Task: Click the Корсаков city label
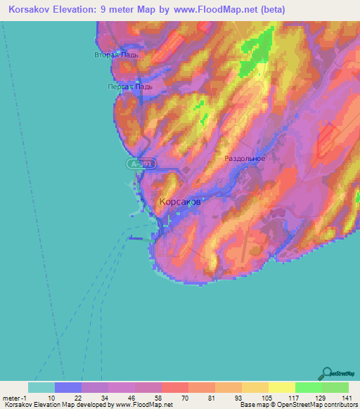click(x=179, y=202)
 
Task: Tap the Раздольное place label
click(x=245, y=159)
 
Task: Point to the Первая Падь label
click(x=129, y=86)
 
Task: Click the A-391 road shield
click(x=141, y=164)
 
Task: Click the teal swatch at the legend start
click(x=41, y=388)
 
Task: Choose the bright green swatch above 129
click(x=308, y=388)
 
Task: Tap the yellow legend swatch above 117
click(x=281, y=388)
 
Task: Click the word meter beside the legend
click(x=12, y=398)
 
